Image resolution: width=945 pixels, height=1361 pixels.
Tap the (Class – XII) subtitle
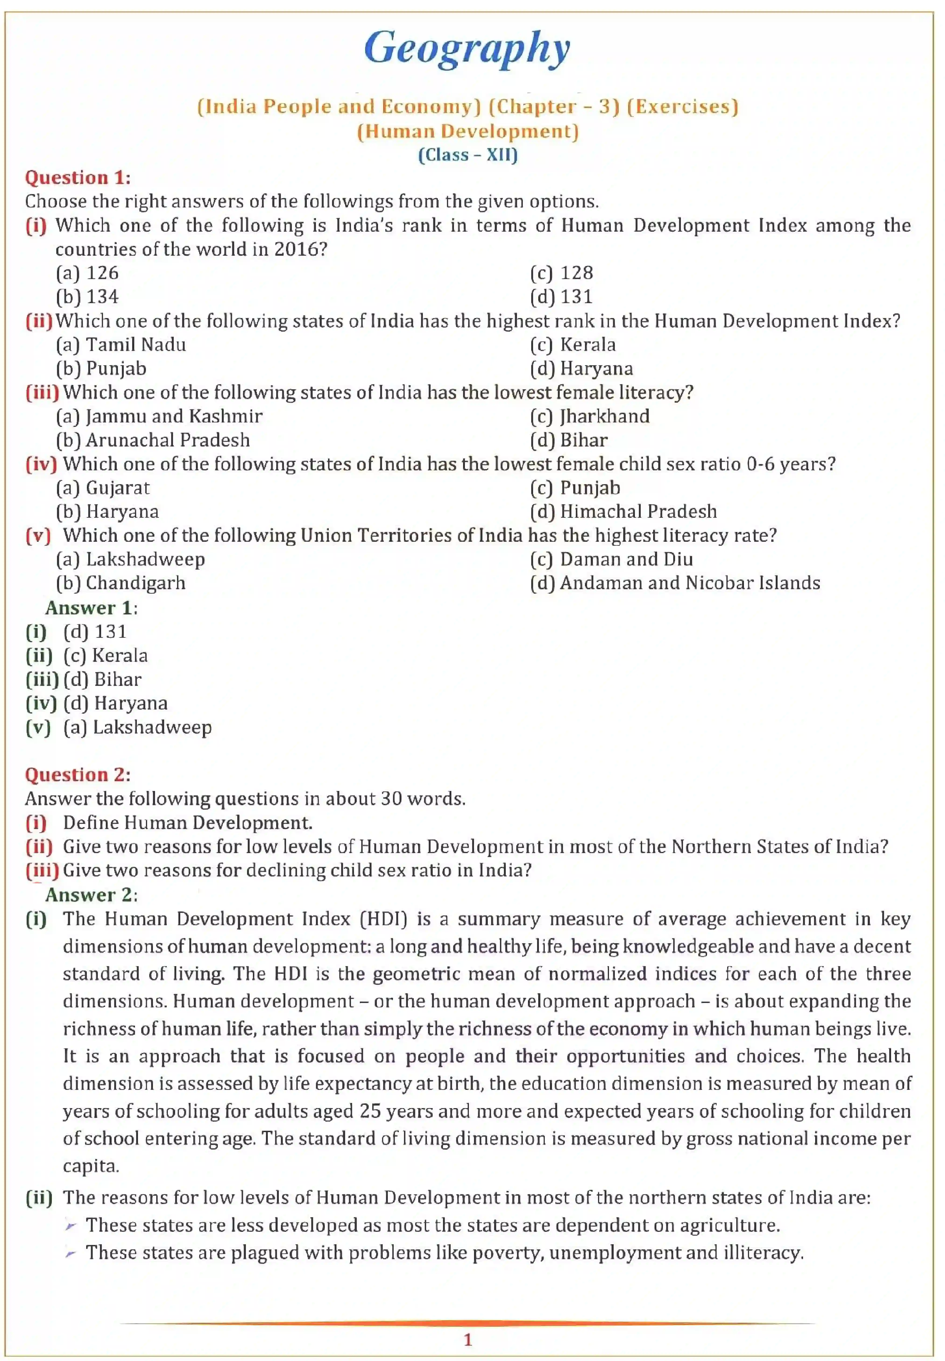468,155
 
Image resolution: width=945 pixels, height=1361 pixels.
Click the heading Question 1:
78,178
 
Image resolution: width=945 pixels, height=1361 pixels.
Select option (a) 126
87,273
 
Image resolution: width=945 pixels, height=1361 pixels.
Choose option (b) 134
87,297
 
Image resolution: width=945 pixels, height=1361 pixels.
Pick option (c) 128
561,273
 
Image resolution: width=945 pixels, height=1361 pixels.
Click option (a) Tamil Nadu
121,344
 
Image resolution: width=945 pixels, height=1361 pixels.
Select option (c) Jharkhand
590,416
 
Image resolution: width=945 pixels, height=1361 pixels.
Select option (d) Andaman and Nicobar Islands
675,583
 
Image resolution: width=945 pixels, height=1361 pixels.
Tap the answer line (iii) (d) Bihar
84,680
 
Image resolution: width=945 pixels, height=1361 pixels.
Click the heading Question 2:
78,775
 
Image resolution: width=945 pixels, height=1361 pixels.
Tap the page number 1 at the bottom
468,1340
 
